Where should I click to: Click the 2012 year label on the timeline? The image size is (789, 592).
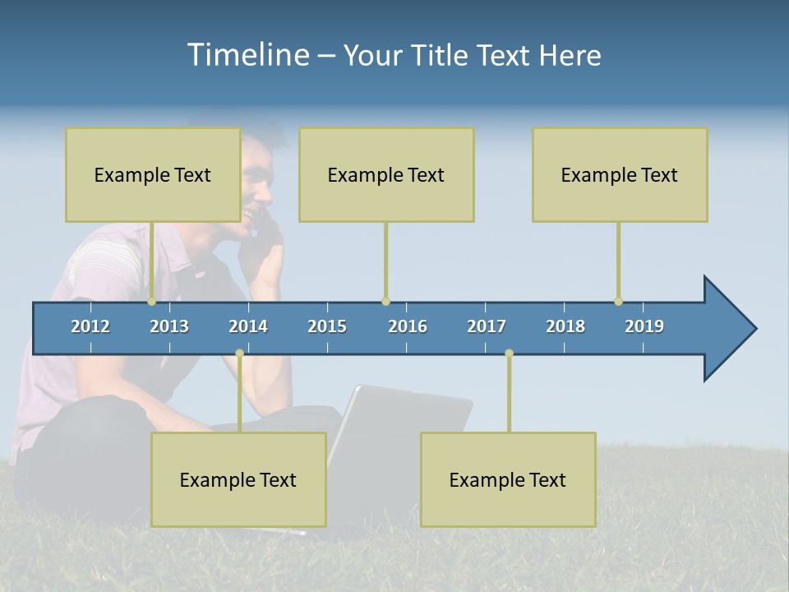[90, 326]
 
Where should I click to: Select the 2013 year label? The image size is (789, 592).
[169, 326]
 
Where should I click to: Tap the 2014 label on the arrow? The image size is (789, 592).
[248, 326]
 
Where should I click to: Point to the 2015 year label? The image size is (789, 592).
[327, 326]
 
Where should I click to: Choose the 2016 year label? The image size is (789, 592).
[408, 326]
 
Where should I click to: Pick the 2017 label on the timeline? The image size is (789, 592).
[487, 326]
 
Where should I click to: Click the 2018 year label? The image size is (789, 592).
[565, 326]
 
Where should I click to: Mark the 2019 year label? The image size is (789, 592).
[644, 326]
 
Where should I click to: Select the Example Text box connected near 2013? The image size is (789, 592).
[153, 175]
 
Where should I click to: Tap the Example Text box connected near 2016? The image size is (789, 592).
[386, 175]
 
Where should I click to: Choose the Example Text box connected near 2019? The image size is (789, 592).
[620, 175]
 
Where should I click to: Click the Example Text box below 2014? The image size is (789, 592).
[238, 480]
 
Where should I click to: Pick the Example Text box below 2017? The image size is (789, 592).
[508, 480]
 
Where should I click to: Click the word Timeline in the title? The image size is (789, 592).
[247, 55]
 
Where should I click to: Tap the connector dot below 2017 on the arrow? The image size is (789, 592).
[509, 353]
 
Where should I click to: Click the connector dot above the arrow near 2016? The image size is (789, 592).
[385, 302]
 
